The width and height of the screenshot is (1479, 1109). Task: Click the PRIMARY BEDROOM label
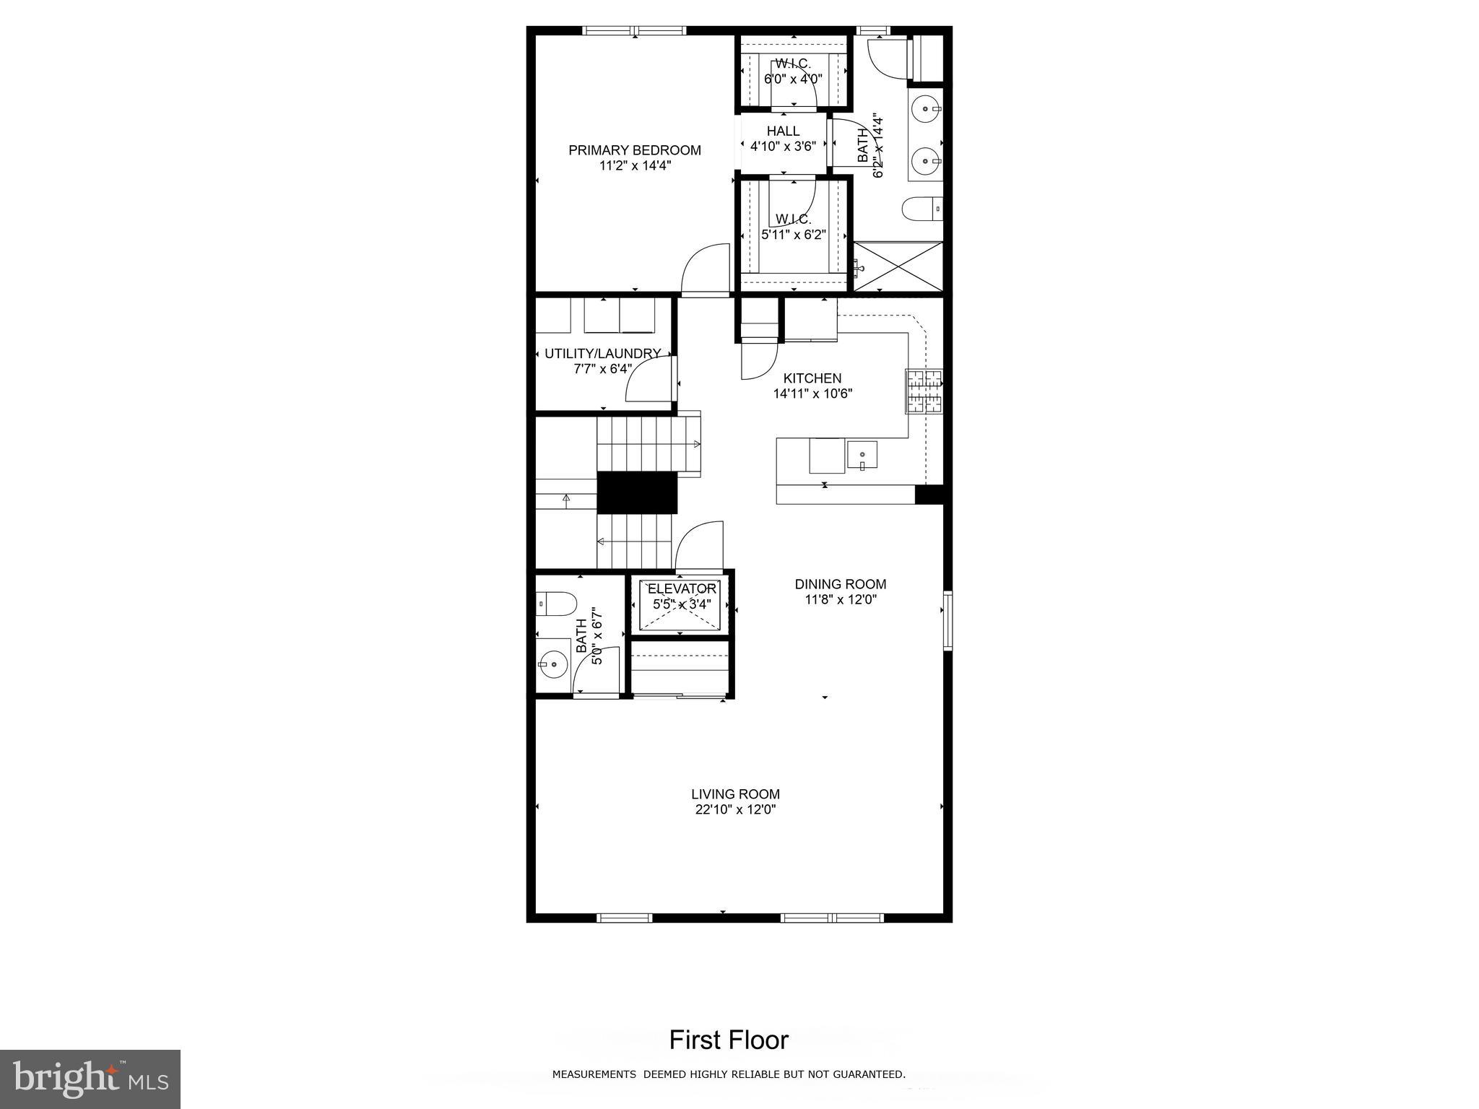[634, 150]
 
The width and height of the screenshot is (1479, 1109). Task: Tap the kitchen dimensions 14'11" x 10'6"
[812, 394]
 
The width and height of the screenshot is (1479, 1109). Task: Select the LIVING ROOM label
[735, 794]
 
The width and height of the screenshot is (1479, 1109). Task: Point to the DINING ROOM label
[840, 584]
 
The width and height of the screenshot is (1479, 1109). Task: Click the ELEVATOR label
[682, 589]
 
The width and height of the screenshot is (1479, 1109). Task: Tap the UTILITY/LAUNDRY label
[602, 354]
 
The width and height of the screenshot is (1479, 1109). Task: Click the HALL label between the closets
[783, 131]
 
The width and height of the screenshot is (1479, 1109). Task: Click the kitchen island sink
[862, 456]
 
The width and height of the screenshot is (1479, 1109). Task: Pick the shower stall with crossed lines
[898, 267]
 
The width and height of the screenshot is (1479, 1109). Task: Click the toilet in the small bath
[556, 603]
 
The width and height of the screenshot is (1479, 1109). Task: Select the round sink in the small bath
[554, 662]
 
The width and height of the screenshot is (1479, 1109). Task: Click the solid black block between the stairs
[636, 492]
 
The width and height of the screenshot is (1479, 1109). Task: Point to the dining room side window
[947, 620]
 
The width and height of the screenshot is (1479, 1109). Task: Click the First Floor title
[728, 1040]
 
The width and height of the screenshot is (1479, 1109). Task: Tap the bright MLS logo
[90, 1078]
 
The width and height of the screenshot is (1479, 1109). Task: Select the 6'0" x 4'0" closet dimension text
[793, 79]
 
